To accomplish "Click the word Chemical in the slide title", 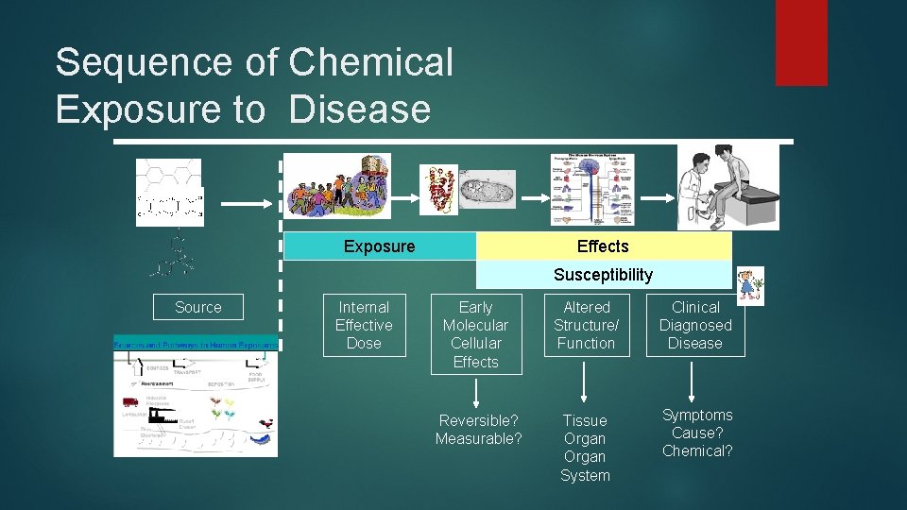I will click(370, 63).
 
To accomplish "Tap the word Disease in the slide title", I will click(360, 110).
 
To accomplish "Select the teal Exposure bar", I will click(380, 246).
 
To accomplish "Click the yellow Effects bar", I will click(603, 246).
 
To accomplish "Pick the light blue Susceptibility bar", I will click(603, 275).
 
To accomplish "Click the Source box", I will click(198, 307).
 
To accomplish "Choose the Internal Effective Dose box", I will click(364, 326).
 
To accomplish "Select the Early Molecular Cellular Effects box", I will click(475, 334).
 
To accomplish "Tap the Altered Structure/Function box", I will click(587, 326).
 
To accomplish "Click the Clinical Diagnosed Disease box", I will click(695, 326).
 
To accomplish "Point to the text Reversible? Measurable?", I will click(478, 429).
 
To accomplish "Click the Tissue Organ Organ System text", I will click(586, 448).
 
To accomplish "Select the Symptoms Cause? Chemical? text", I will click(697, 433).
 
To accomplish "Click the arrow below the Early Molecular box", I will click(475, 392).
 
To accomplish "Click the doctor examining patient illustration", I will click(728, 187).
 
